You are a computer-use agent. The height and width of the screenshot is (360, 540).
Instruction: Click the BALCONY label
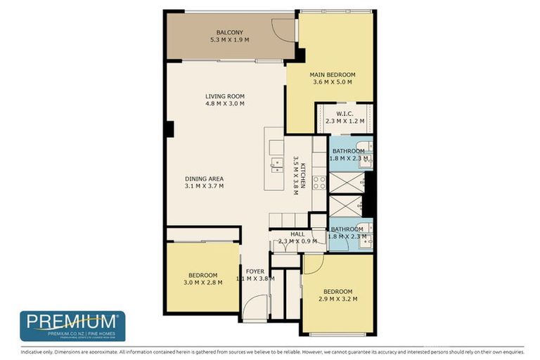230,32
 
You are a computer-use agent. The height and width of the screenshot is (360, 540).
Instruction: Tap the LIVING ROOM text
224,96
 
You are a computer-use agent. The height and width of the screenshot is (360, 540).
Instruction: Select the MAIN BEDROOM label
332,75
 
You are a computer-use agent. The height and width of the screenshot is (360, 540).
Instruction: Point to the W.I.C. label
345,113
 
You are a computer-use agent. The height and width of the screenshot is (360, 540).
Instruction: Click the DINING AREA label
204,179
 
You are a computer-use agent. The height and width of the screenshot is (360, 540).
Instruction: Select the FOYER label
255,271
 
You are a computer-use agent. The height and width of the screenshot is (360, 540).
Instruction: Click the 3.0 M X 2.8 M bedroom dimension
202,283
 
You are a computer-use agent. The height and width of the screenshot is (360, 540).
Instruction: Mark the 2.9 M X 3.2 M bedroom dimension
337,300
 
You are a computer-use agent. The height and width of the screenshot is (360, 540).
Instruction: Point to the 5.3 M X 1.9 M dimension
230,40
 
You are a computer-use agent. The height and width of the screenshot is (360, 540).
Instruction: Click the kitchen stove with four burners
319,183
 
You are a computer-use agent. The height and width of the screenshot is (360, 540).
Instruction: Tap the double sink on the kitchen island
276,165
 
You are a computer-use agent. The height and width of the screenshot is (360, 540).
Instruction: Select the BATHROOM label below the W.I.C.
348,151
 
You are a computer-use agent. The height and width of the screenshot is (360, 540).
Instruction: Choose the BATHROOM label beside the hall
347,229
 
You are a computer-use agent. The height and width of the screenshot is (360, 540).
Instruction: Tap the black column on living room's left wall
169,129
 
